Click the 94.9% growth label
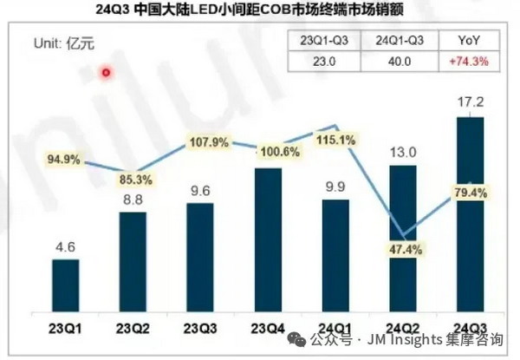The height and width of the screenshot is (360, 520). pos(65,159)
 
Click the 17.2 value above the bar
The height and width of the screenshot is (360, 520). pos(469,101)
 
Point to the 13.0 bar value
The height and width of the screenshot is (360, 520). pos(403,151)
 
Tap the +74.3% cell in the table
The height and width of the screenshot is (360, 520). pos(469,62)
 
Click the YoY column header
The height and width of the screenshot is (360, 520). pos(469,41)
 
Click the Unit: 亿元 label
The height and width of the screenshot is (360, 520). pos(62,43)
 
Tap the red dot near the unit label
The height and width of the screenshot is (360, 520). pos(107,72)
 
